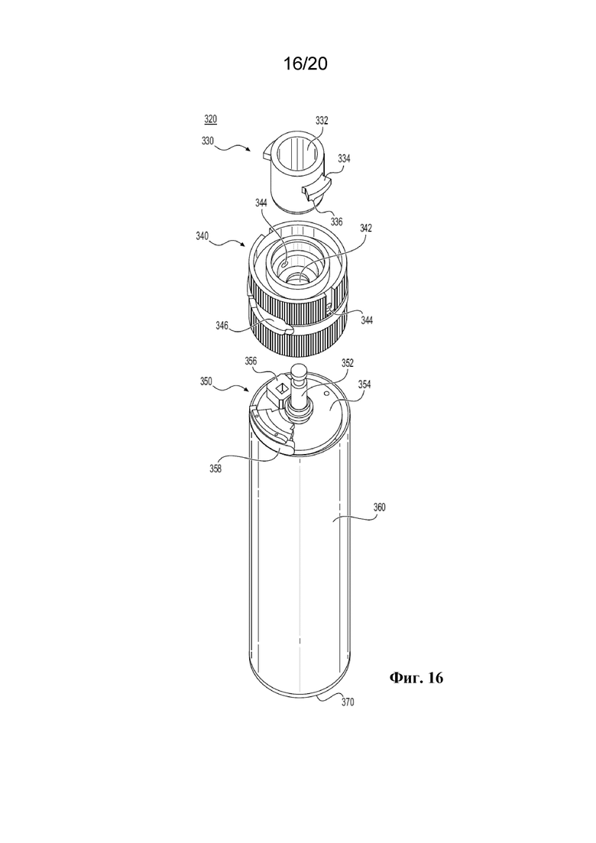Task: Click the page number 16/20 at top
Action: pos(305,64)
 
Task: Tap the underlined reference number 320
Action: pos(211,119)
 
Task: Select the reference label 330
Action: pos(207,141)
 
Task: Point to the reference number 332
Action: pos(322,121)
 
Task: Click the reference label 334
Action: pos(344,159)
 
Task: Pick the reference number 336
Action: pos(336,222)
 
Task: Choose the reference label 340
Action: pos(202,236)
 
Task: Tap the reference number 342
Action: pos(366,228)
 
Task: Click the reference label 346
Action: pos(222,326)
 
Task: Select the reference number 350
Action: pos(206,381)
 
